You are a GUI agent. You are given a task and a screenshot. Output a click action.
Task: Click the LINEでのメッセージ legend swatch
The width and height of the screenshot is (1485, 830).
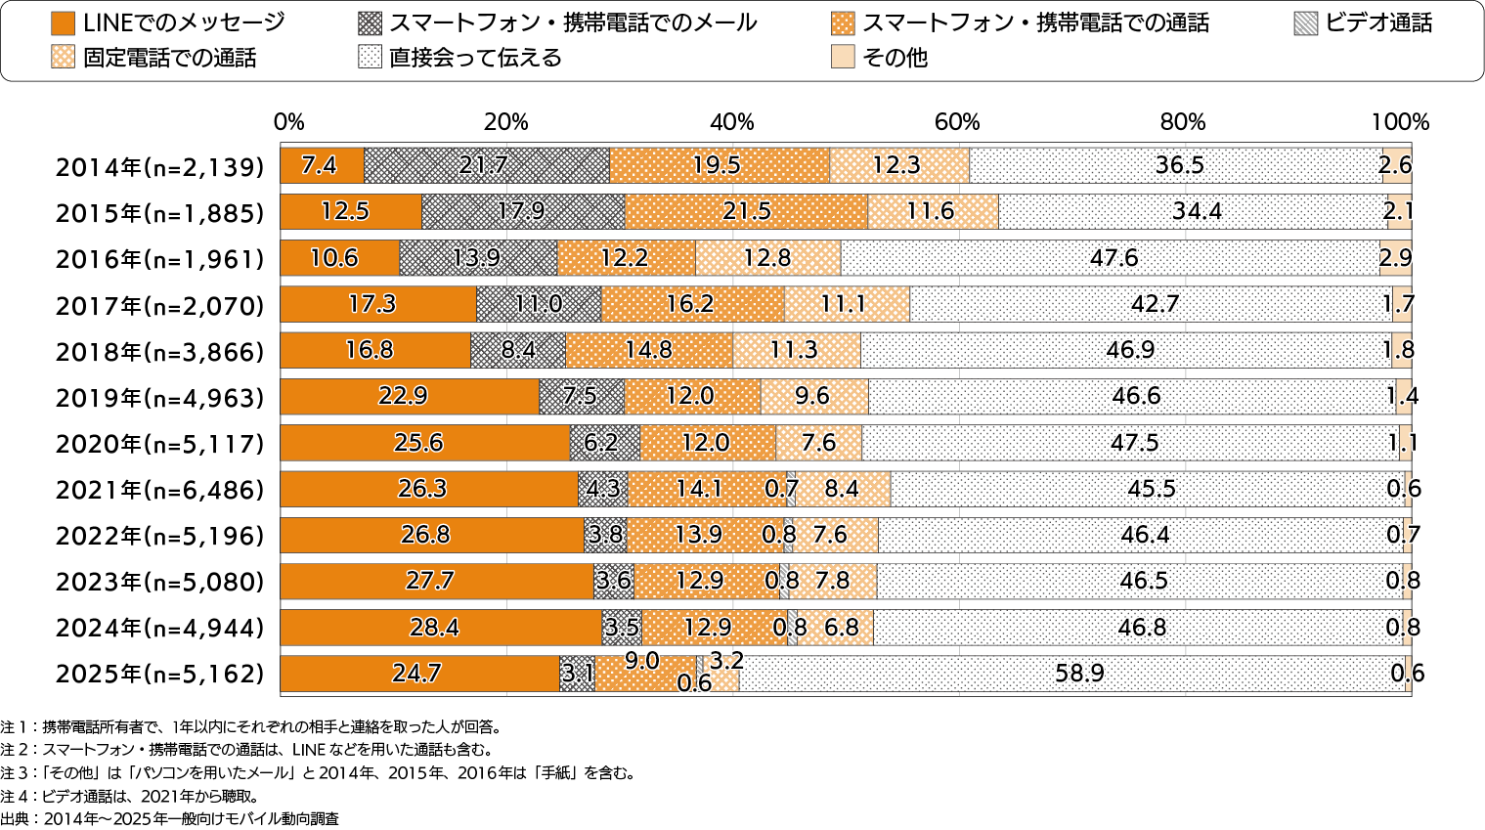pos(63,23)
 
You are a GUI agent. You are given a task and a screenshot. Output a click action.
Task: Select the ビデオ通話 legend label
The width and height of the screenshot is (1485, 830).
pos(1378,23)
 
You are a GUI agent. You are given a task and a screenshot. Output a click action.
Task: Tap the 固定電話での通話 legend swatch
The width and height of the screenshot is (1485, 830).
pos(63,58)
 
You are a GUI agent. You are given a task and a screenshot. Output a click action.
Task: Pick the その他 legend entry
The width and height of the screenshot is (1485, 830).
pos(895,58)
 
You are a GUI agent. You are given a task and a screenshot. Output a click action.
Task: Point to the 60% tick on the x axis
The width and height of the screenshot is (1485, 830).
pos(957,122)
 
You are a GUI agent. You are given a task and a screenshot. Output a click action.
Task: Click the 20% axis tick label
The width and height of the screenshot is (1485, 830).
pos(505,122)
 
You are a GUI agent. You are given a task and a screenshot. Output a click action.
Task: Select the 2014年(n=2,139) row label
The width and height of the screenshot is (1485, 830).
pos(160,167)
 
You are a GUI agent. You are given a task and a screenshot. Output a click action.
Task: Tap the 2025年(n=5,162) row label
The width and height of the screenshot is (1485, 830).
pos(160,674)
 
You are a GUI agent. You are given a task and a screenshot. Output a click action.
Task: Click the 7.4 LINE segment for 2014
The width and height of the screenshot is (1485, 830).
pos(321,165)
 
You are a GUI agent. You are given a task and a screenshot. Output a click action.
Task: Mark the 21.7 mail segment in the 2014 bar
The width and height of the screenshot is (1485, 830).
pos(485,165)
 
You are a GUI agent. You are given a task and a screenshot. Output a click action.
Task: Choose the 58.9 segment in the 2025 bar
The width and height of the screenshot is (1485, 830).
pos(1079,674)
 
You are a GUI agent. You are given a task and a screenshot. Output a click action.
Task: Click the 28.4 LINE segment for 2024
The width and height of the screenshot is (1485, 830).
pos(434,627)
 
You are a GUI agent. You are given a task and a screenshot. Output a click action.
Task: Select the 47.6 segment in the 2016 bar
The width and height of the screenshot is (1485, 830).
pos(1114,258)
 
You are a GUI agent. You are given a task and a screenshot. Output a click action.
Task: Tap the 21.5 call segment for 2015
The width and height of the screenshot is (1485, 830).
pos(746,211)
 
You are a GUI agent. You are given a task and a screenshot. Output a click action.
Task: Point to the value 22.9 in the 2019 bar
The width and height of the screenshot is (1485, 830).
pos(403,396)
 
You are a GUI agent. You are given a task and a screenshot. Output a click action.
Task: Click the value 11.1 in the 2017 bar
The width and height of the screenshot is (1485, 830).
pos(843,304)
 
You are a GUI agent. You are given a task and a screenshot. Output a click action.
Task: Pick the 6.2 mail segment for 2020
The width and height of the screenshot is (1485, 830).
pos(601,443)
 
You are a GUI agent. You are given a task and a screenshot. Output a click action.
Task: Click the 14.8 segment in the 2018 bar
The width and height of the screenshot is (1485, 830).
pos(649,350)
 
